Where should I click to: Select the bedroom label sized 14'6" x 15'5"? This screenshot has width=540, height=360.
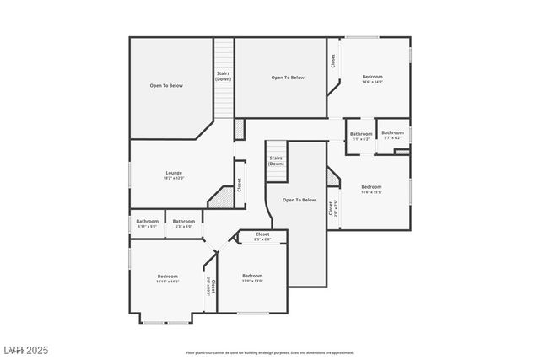371,189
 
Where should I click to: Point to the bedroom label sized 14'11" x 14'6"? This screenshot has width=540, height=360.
167,279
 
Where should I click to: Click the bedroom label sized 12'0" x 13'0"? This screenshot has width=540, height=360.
252,278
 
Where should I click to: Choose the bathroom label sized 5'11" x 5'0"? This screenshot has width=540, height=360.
147,223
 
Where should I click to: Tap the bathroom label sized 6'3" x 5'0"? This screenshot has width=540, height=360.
183,223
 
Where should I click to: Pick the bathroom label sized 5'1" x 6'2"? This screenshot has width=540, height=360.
361,136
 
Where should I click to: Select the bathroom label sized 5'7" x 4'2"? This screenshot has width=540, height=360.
392,134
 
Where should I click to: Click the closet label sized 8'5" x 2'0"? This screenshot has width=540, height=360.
262,236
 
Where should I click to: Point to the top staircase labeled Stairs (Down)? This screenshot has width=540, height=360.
223,76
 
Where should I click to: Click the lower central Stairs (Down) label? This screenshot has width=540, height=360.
276,160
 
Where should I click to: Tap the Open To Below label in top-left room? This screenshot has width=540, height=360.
166,85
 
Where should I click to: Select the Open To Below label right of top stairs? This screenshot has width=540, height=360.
288,78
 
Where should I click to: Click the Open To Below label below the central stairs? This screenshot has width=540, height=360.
299,200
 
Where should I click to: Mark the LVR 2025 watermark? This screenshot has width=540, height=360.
26,349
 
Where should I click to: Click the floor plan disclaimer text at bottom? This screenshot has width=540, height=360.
269,352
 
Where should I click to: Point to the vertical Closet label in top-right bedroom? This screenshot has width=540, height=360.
332,61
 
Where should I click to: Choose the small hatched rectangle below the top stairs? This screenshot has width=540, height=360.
239,129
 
